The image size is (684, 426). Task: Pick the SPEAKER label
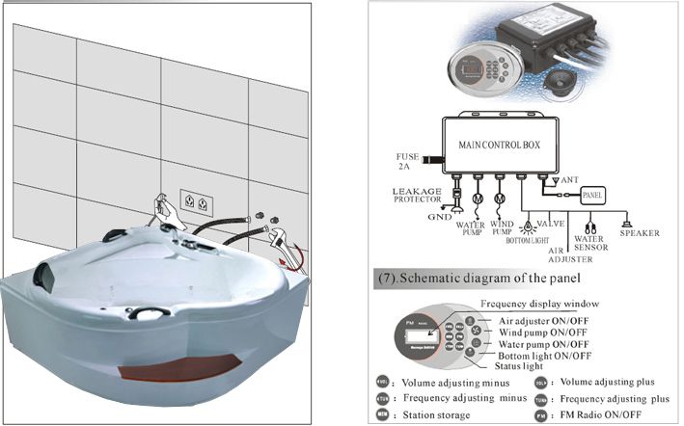tap(639, 232)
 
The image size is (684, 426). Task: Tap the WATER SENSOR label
tap(590, 241)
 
